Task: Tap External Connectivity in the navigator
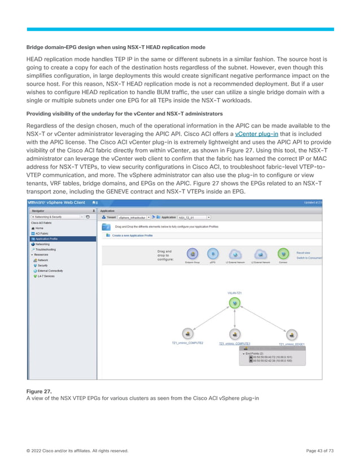coord(51,270)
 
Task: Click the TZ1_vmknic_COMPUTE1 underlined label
coord(235,343)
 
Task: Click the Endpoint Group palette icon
coord(192,254)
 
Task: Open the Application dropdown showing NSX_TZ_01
coord(208,217)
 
